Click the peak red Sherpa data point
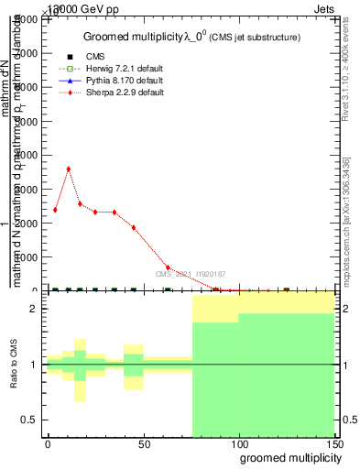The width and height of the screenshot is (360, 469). [x=69, y=169]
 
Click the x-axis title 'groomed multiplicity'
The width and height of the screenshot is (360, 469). [x=288, y=457]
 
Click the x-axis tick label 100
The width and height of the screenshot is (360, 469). [x=239, y=442]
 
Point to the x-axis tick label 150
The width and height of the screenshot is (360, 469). [x=334, y=442]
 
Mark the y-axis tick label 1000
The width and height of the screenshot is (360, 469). [x=28, y=257]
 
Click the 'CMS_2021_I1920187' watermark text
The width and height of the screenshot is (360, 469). [x=190, y=274]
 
